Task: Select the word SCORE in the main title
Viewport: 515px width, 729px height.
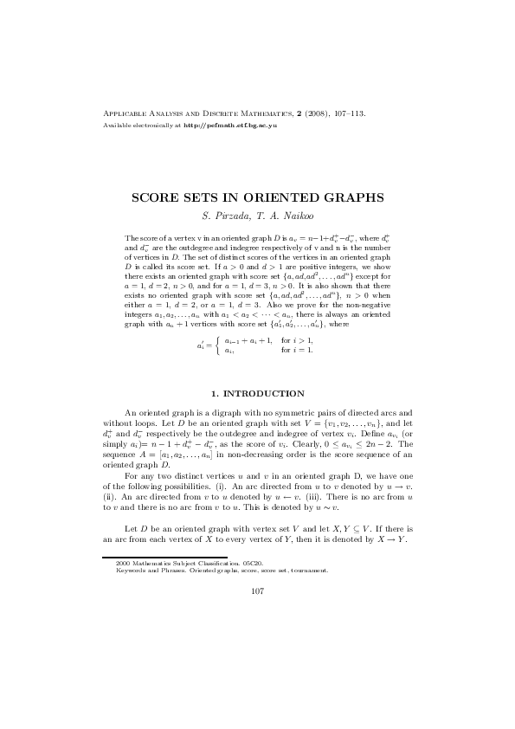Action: [x=154, y=197]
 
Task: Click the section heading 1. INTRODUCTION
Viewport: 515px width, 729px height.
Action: [x=257, y=393]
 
